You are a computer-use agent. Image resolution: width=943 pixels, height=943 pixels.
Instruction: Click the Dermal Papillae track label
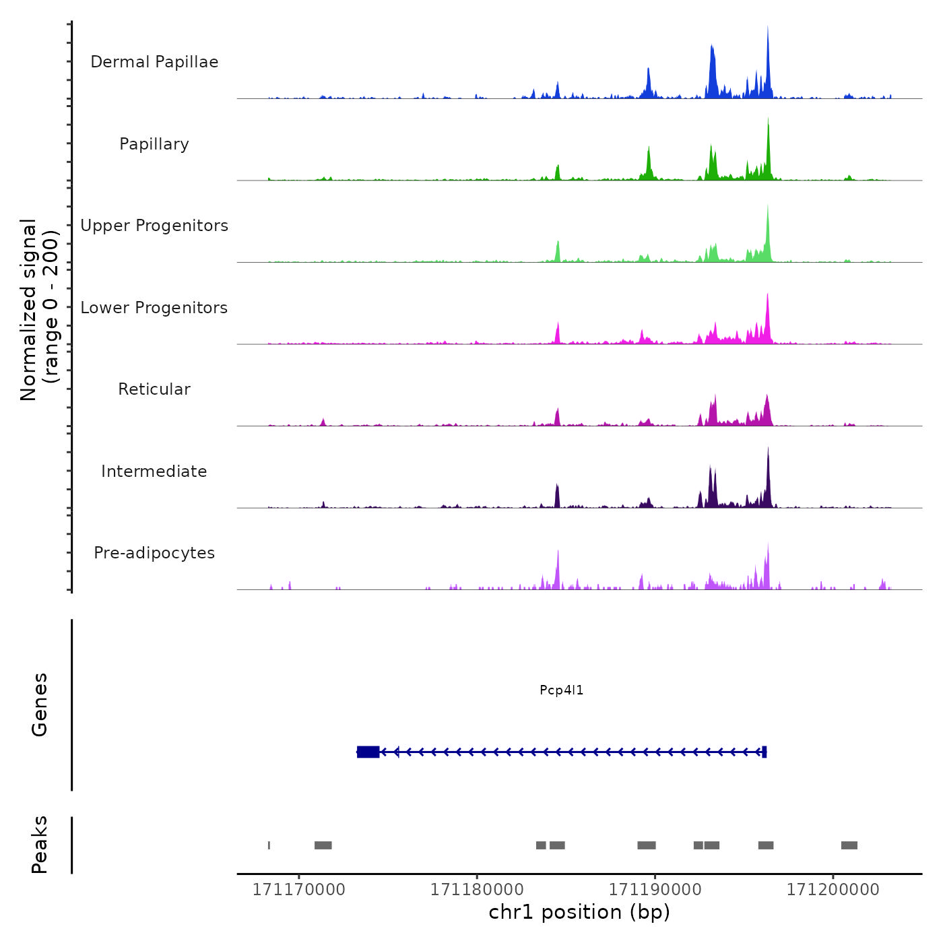click(x=154, y=62)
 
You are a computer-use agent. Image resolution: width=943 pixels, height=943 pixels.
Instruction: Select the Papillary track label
click(x=154, y=144)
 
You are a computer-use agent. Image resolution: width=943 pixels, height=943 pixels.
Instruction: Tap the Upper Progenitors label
click(x=154, y=226)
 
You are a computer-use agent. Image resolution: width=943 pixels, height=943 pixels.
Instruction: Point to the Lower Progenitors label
click(x=154, y=308)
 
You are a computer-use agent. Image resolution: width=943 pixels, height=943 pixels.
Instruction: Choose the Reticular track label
click(x=154, y=389)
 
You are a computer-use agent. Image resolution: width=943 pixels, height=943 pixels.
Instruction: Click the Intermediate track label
click(x=154, y=471)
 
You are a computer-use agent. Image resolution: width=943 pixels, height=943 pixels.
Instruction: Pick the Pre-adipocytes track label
click(x=154, y=553)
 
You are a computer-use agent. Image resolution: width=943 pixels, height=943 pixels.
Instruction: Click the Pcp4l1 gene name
click(x=561, y=690)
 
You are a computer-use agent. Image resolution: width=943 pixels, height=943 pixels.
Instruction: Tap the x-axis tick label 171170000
click(x=298, y=890)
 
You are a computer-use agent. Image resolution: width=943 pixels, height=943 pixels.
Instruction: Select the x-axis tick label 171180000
click(x=477, y=890)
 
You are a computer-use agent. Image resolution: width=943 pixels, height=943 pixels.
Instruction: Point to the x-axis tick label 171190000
click(x=655, y=890)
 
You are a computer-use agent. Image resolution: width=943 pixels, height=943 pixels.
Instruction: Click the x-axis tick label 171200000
click(x=833, y=890)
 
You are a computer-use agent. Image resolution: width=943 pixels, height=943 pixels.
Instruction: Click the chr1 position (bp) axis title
click(x=579, y=912)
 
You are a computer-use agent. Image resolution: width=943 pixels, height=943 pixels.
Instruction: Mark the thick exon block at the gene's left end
click(x=368, y=752)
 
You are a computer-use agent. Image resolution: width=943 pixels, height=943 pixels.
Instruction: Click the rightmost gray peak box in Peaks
click(x=849, y=845)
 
